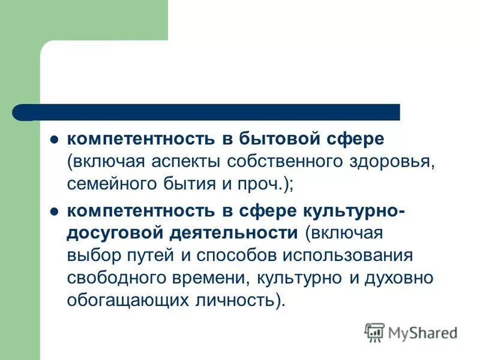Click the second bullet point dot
pyautogui.click(x=53, y=211)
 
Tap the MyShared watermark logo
pyautogui.click(x=412, y=332)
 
